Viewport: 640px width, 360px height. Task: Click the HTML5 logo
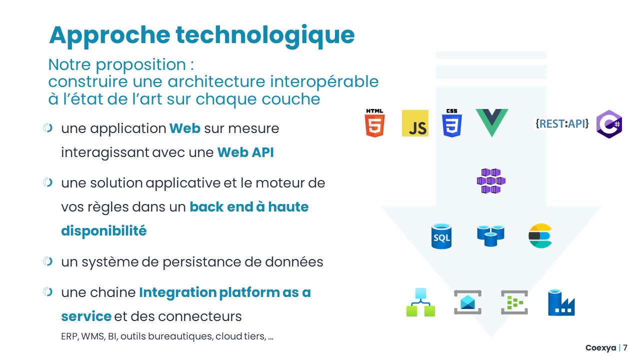(x=374, y=123)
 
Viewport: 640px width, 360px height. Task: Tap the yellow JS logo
(x=415, y=123)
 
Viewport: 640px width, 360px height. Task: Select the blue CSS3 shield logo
(x=451, y=123)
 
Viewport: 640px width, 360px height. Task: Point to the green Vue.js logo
(x=491, y=122)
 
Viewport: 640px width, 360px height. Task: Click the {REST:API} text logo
(x=562, y=123)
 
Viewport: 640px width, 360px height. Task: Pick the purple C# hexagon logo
(x=609, y=124)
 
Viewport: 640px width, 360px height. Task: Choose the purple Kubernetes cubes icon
(x=491, y=180)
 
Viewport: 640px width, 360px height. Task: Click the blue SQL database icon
(x=441, y=236)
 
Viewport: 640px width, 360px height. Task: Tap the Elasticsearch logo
(x=540, y=236)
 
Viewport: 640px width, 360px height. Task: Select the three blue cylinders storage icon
(x=490, y=235)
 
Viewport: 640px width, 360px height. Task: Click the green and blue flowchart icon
(x=420, y=302)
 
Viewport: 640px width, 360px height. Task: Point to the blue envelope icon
(x=467, y=302)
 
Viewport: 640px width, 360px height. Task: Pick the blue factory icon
(x=561, y=302)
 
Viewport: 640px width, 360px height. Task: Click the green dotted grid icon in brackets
(x=514, y=302)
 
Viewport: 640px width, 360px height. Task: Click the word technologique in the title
(x=265, y=35)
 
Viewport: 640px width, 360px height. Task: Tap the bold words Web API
(x=245, y=152)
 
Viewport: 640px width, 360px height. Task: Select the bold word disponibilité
(x=104, y=231)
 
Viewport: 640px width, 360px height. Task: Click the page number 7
(x=625, y=348)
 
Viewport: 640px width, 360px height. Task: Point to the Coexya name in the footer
(x=601, y=348)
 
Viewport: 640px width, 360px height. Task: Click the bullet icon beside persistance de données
(x=48, y=261)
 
